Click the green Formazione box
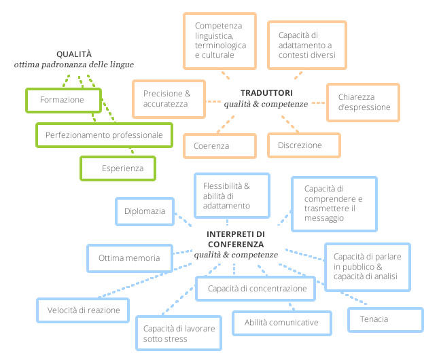point(64,101)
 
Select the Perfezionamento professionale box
point(104,135)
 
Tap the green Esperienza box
point(118,168)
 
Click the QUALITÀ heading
point(74,54)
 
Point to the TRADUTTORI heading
point(266,93)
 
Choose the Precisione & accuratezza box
point(169,99)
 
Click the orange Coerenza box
point(219,146)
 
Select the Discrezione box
point(304,145)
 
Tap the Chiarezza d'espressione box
point(363,103)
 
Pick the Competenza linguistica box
point(219,41)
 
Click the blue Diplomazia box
point(145,211)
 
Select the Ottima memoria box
point(130,258)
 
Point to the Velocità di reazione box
point(83,310)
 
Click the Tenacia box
point(385,320)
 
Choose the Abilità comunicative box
point(282,323)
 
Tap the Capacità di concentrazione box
point(256,289)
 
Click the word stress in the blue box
point(175,339)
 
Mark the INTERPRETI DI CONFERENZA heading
point(236,239)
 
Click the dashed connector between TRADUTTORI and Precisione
point(213,101)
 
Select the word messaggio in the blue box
point(324,218)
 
